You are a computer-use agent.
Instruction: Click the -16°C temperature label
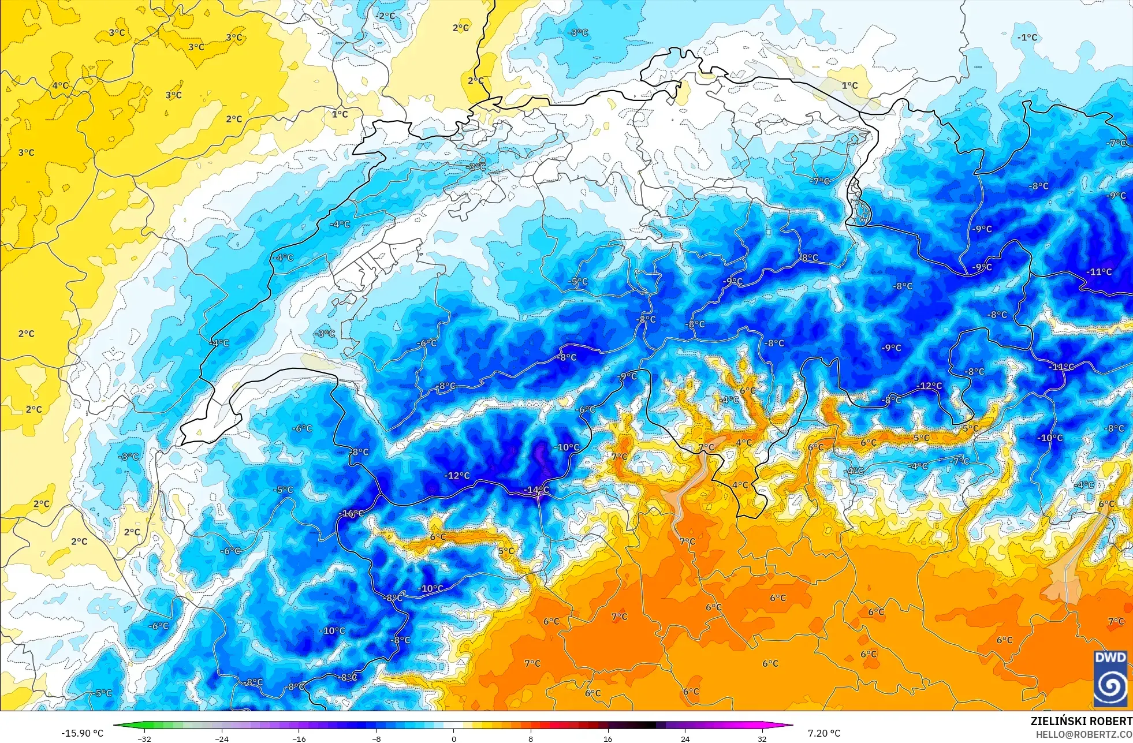(x=351, y=513)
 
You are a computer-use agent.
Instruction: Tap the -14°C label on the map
(x=536, y=490)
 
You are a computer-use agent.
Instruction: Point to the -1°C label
(x=1027, y=38)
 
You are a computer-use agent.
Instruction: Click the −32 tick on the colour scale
(x=144, y=738)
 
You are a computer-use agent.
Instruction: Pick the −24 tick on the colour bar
(x=221, y=738)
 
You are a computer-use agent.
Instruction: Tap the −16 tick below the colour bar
(x=299, y=738)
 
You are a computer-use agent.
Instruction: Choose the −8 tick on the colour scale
(x=376, y=738)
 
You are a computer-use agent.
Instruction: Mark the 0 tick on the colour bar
(x=454, y=738)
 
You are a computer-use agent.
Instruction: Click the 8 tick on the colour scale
(x=531, y=738)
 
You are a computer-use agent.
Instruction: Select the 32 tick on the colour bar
(x=762, y=738)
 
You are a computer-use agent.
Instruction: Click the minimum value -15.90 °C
(x=82, y=733)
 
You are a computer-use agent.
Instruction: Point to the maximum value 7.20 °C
(x=824, y=733)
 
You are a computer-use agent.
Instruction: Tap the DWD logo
(x=1110, y=678)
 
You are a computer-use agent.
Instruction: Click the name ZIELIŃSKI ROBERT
(x=1081, y=721)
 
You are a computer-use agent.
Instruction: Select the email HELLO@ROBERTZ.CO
(x=1083, y=734)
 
